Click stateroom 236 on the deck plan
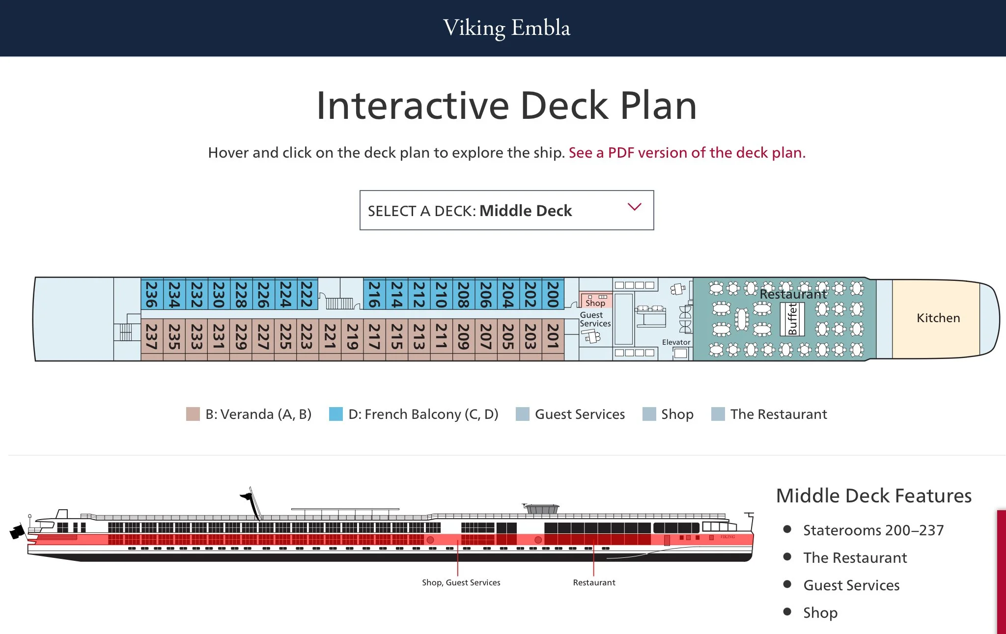[x=152, y=294]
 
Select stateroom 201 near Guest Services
[x=553, y=336]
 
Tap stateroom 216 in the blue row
[x=374, y=294]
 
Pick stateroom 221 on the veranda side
[x=330, y=336]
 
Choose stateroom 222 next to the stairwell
[x=307, y=294]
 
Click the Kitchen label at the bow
[x=938, y=318]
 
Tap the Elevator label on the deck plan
[x=676, y=342]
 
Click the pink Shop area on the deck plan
[x=596, y=301]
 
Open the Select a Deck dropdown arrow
[x=634, y=207]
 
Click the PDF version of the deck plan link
[x=687, y=153]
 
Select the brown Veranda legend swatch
[x=193, y=414]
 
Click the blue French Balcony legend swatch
[x=336, y=414]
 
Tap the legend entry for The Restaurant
[x=778, y=414]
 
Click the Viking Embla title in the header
[x=506, y=28]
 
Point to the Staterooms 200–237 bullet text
[x=873, y=530]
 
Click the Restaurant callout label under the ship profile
[x=594, y=582]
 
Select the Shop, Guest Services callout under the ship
[x=461, y=582]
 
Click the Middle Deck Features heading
[x=873, y=496]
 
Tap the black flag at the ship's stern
[x=18, y=531]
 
